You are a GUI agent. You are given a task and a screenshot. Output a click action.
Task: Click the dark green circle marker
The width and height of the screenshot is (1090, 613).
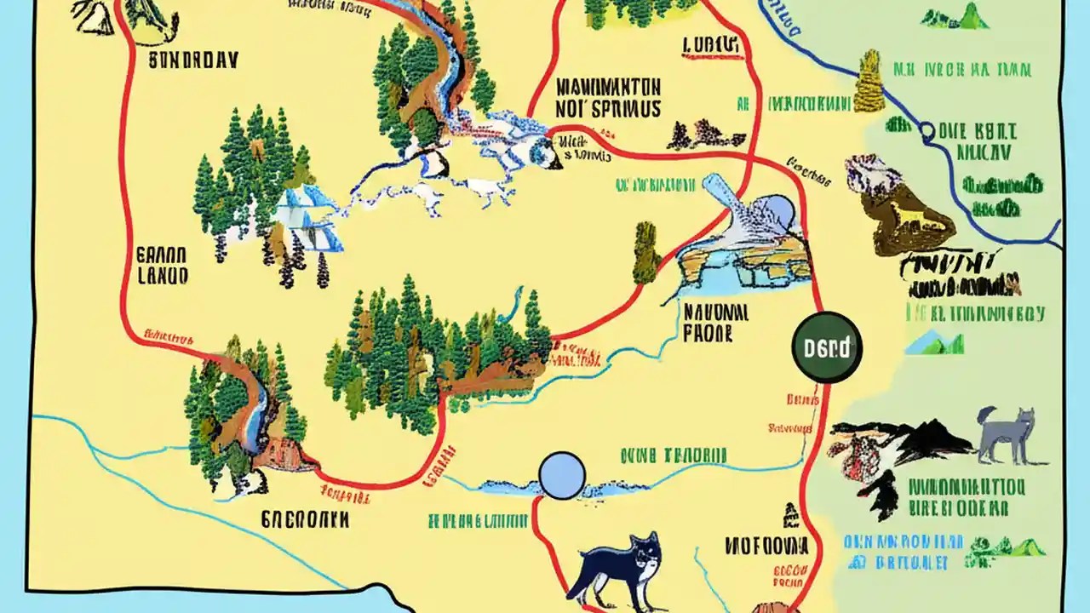click(827, 347)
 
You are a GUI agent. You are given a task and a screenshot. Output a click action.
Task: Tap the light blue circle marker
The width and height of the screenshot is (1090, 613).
click(562, 475)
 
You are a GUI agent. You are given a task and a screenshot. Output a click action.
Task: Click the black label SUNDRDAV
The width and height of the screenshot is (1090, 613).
click(192, 61)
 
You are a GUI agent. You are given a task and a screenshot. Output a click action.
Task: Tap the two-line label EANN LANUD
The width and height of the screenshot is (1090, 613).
click(162, 265)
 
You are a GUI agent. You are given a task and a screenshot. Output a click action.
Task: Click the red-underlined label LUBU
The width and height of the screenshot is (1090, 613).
click(708, 44)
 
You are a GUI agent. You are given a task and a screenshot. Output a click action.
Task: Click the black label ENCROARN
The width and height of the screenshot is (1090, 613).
click(304, 519)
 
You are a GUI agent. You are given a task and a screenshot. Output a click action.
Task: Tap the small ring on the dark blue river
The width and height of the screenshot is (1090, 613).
click(926, 131)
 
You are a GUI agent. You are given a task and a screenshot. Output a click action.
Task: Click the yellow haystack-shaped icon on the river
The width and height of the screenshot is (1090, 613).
click(869, 81)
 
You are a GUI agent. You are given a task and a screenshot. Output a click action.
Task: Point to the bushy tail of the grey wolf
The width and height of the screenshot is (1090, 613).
click(987, 417)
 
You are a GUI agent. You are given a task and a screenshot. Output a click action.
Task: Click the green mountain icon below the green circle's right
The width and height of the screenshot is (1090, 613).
click(934, 343)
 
